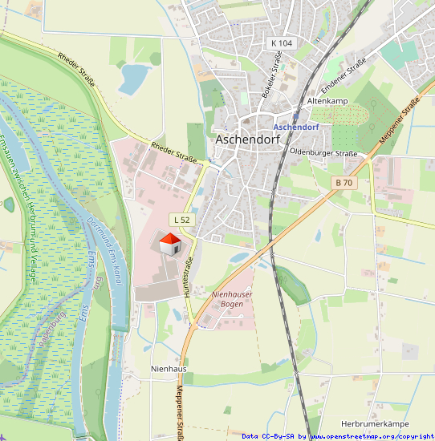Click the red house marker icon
point(169,244)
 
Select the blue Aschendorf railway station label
point(295,127)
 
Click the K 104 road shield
point(282,42)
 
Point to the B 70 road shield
point(344,183)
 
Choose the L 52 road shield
point(181,219)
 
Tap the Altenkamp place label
point(327,102)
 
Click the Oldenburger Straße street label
point(323,152)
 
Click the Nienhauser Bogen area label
point(231,299)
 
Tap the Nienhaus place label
point(168,368)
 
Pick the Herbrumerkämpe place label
point(375,423)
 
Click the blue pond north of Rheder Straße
point(134,78)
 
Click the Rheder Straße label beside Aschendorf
point(173,151)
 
